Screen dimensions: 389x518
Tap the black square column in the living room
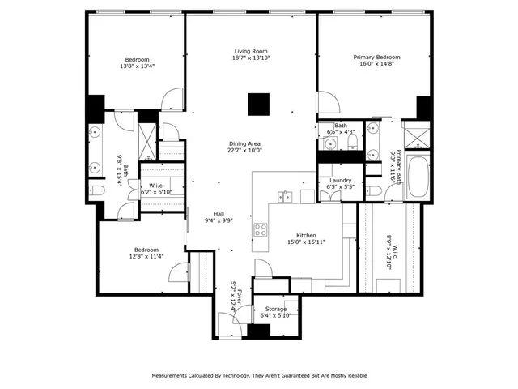(x=258, y=104)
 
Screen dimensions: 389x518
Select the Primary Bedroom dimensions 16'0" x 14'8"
(x=376, y=66)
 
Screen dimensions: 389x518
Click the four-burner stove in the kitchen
(x=261, y=229)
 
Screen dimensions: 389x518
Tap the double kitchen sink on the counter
(x=285, y=195)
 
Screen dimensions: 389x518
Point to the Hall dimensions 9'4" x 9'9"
(x=219, y=220)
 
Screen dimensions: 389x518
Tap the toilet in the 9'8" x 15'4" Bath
(x=96, y=191)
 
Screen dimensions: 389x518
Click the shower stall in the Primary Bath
(x=416, y=134)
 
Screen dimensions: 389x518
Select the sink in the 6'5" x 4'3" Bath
(x=330, y=144)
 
